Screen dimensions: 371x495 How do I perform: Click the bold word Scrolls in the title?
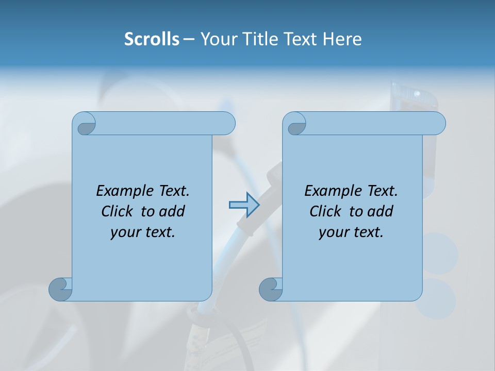(152, 39)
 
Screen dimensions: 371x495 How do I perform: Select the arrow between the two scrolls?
(244, 205)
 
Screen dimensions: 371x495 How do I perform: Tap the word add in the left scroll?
(172, 211)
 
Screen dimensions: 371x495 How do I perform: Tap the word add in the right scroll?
(380, 211)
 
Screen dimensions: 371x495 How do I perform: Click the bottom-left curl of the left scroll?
(60, 289)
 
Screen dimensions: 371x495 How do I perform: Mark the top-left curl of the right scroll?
(295, 124)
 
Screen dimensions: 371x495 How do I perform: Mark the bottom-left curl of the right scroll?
(271, 289)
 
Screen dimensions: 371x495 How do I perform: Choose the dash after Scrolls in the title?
(189, 39)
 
